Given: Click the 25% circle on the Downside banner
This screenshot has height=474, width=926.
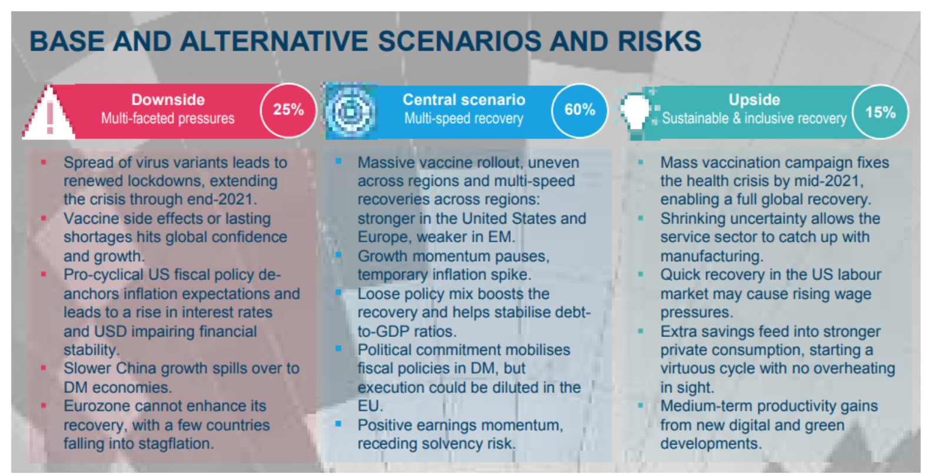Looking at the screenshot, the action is click(288, 111).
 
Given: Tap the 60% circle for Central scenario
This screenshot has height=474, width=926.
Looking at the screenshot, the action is click(579, 111).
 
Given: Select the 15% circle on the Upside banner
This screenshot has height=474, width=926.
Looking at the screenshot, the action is click(881, 112).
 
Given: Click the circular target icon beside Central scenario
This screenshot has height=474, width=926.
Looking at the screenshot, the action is click(351, 111).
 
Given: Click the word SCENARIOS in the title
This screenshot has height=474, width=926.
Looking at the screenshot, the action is click(459, 41).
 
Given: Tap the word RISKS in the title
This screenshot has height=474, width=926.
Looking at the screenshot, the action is click(659, 41).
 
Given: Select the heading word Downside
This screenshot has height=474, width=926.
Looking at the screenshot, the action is click(168, 99).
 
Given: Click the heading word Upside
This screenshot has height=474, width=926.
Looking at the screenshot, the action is click(754, 99).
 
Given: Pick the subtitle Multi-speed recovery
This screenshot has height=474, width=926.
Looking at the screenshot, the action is click(464, 119).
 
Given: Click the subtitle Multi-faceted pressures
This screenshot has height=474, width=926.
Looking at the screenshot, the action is click(168, 119).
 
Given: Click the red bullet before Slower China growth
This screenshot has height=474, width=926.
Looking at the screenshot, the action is click(44, 368).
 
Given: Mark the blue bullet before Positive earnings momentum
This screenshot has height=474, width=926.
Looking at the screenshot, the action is click(338, 423).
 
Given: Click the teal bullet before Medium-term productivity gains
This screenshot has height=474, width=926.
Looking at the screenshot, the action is click(641, 405).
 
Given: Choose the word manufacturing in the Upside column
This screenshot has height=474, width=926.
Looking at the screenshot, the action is click(712, 256).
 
